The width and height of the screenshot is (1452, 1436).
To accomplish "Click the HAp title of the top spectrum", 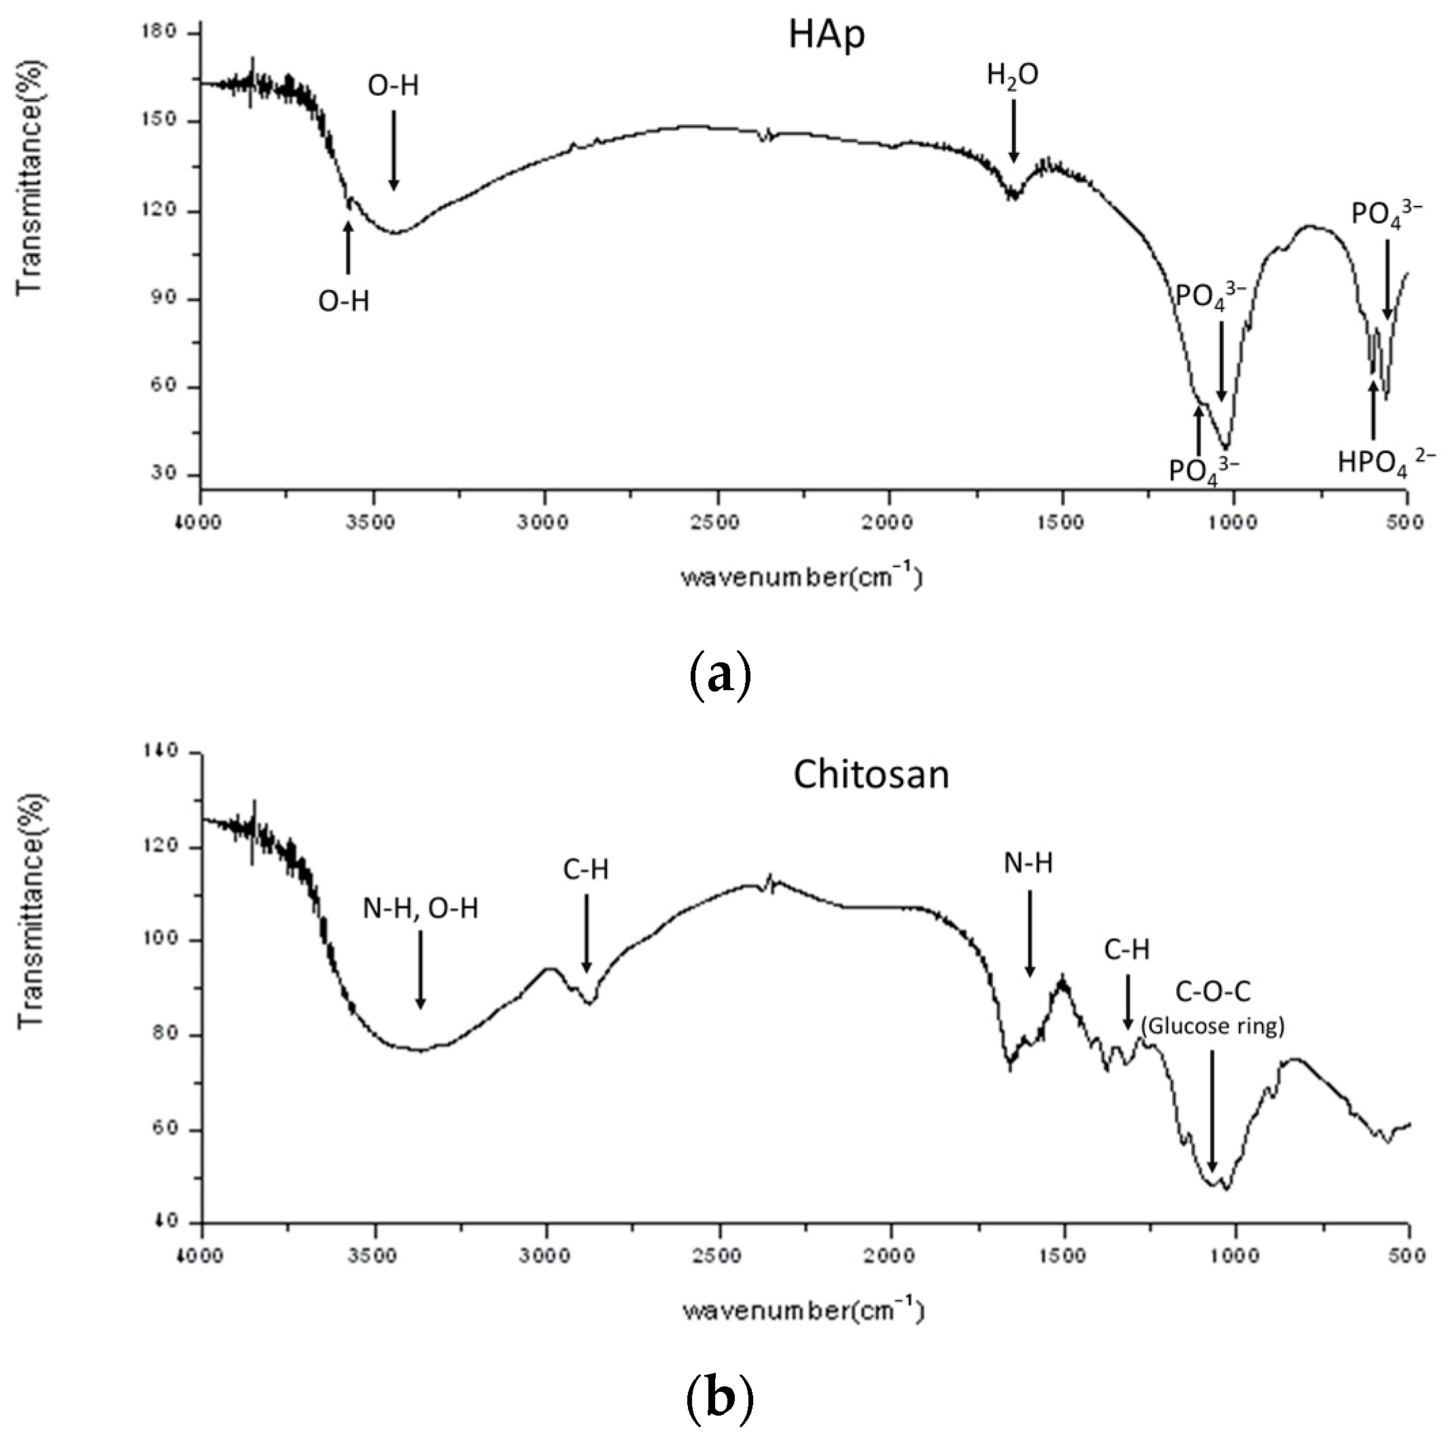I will click(826, 36).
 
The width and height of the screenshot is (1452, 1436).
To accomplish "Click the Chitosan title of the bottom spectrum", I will click(871, 775).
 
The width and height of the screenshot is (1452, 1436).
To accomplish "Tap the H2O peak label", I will click(1013, 75).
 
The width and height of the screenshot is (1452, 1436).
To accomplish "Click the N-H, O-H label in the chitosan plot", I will click(420, 908).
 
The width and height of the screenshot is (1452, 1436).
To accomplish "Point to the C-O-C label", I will click(1212, 992).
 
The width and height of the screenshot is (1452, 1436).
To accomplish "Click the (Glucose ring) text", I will click(1212, 1026).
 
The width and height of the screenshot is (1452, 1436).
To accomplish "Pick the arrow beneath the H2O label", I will click(1014, 131).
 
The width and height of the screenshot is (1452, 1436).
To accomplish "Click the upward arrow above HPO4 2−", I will click(1373, 410).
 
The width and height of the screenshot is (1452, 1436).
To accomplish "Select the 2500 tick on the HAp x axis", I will click(717, 522).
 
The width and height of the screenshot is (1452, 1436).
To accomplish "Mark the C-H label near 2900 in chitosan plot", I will click(585, 870).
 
